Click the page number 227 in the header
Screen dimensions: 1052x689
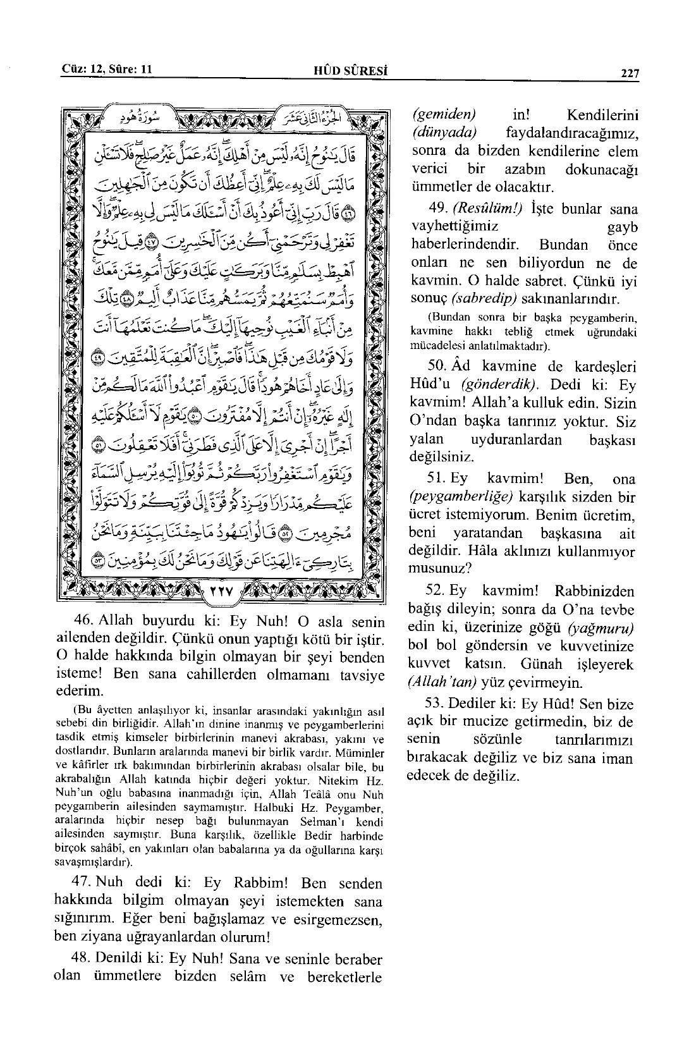(630, 73)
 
